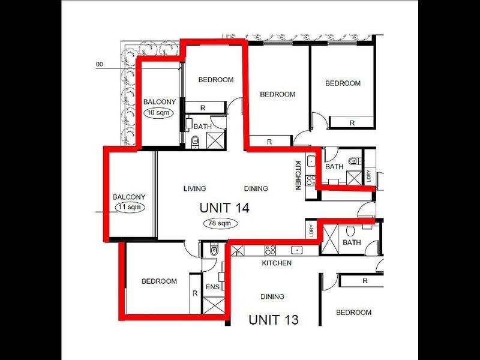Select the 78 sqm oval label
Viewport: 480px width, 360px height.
coord(220,223)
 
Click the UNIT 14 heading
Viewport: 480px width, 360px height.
coord(224,208)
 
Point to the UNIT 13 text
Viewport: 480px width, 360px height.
coord(274,319)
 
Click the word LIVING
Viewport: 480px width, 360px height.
coord(194,188)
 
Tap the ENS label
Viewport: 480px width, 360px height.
coord(212,287)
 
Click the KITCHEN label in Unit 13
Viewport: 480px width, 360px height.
coord(277,263)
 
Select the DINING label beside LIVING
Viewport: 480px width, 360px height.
coord(256,188)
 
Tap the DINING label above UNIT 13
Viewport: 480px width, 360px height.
coord(272,296)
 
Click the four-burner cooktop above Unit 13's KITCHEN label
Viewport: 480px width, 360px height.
coord(270,250)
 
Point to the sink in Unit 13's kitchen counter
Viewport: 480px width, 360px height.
coord(296,250)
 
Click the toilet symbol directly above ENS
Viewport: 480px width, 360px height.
coord(214,250)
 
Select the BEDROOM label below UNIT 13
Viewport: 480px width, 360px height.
coord(353,313)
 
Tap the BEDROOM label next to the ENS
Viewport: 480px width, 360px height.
coord(159,281)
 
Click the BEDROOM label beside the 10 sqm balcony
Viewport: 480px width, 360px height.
coord(216,80)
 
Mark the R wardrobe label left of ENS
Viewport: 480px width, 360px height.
coord(195,293)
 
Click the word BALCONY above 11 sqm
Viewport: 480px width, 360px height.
coord(129,197)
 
